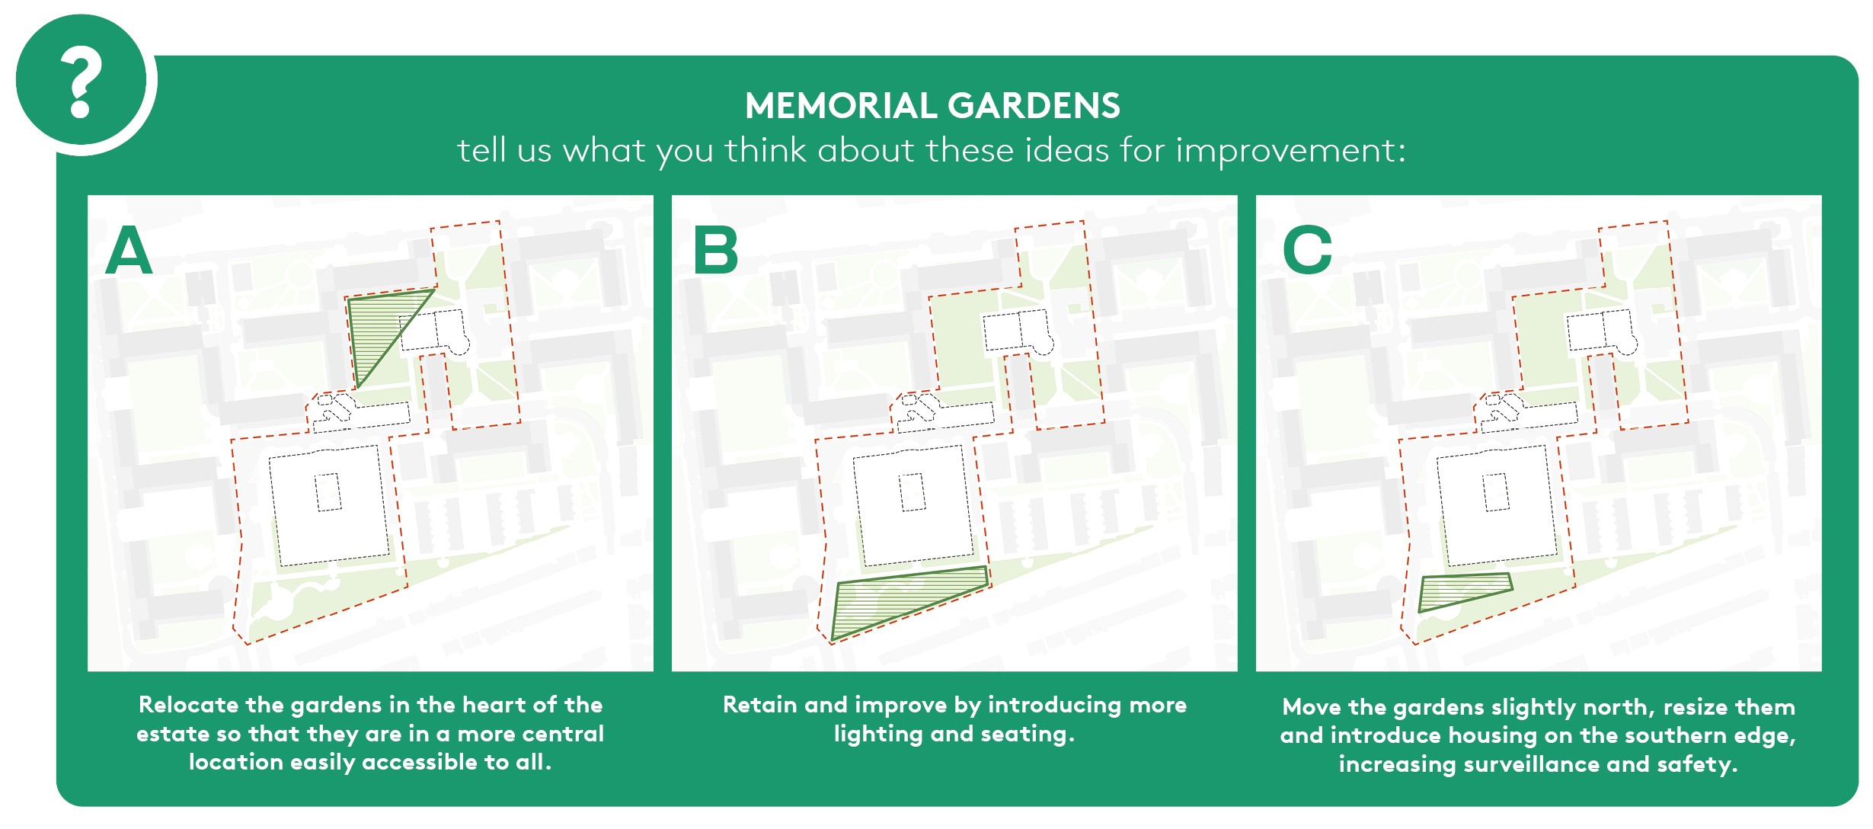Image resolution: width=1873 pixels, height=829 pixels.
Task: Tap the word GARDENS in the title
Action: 1034,106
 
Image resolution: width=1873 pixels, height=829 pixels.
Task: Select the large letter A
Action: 129,251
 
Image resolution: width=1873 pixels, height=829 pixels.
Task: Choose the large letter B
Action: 716,251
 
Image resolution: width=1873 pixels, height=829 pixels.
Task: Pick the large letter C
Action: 1307,251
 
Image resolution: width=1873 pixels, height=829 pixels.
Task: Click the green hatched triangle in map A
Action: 377,328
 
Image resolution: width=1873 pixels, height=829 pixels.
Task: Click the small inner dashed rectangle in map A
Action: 328,492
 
